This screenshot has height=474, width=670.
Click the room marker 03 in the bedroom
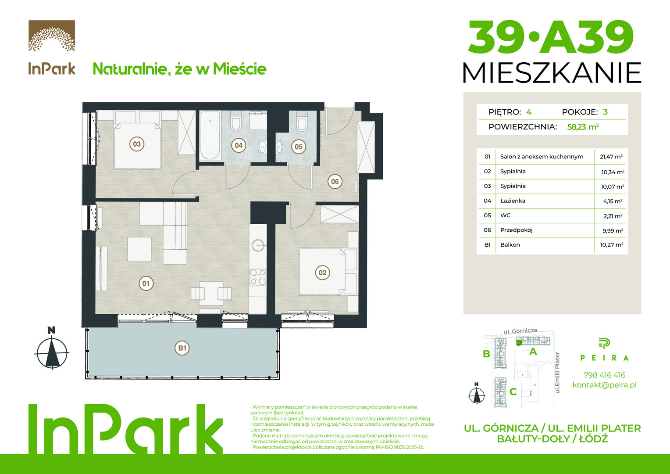137,144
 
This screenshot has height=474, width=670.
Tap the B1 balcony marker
182,348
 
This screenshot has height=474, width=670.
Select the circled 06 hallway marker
335,181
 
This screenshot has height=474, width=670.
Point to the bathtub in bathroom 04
210,136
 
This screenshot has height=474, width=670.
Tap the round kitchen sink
258,245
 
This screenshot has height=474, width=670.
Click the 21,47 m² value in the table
611,157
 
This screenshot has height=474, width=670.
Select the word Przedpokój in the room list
516,230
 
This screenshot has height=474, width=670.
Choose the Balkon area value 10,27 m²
612,244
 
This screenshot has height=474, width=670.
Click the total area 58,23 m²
583,127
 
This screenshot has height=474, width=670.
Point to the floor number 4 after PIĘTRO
529,112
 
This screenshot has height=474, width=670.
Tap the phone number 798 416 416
605,375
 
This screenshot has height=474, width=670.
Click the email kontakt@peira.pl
605,385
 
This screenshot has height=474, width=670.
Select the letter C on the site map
513,391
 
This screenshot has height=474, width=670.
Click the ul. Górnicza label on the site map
520,331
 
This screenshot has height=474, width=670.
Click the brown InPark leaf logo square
52,36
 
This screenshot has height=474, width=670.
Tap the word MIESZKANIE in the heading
552,73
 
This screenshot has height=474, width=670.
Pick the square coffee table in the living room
139,249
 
